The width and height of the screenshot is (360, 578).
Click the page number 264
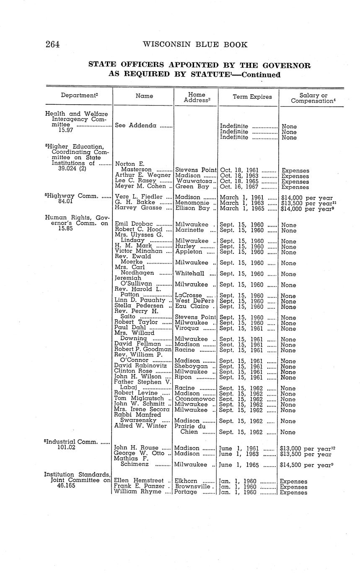53,45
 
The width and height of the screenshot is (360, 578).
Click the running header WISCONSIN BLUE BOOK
195,45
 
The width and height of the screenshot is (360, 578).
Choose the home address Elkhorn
187,481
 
